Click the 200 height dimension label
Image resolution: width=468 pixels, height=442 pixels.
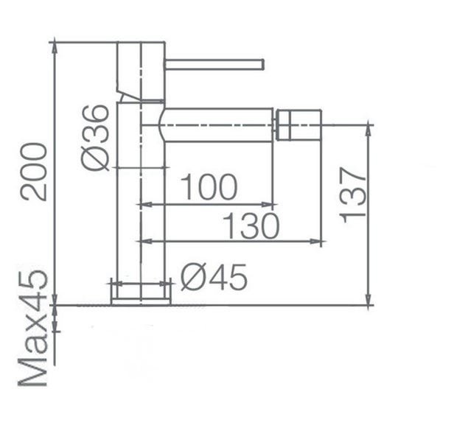(34, 172)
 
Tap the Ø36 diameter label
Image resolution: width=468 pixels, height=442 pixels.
(95, 138)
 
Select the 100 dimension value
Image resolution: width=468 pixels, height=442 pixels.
(209, 186)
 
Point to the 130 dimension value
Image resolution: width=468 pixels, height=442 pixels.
(251, 225)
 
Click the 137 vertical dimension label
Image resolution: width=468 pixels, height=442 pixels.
(352, 195)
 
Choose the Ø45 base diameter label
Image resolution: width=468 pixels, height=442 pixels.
(214, 278)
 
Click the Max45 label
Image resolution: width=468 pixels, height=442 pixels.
(33, 328)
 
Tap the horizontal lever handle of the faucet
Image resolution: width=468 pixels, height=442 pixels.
(214, 65)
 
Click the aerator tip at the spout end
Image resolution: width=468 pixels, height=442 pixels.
(298, 124)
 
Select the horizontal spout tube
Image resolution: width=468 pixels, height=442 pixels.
(217, 125)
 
